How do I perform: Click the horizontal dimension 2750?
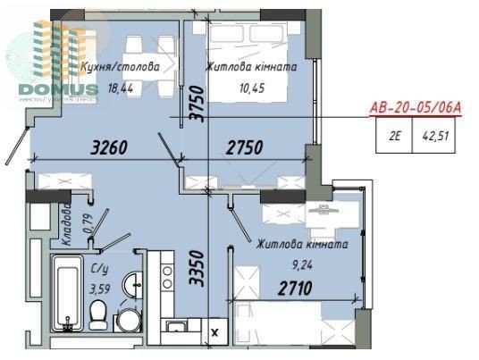point(242,147)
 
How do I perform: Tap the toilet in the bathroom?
point(100,314)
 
